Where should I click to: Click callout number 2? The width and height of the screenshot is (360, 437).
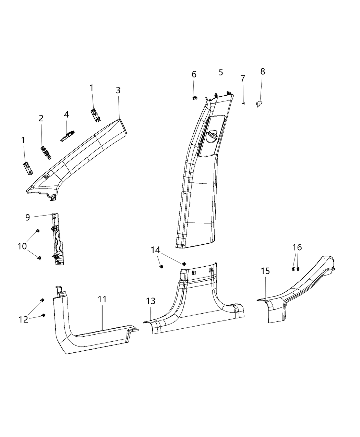coord(41,118)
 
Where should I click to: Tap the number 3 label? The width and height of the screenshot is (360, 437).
coord(118,90)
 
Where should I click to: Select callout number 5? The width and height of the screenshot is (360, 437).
coord(221,72)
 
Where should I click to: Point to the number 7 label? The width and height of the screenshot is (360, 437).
coord(243,78)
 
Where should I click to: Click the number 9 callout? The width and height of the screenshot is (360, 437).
coord(28,217)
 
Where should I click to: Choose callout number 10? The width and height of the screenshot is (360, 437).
coord(22,246)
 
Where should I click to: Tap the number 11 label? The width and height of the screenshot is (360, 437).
coord(102,299)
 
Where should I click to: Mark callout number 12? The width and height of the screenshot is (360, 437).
coord(23,319)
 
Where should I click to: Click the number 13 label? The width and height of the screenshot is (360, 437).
coord(151,301)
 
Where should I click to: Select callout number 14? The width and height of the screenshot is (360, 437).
coord(156,250)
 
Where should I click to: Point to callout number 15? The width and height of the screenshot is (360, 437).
coord(265,271)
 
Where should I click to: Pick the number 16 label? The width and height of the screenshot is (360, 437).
coord(297,247)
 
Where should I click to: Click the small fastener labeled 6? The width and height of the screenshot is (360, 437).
coord(194,97)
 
